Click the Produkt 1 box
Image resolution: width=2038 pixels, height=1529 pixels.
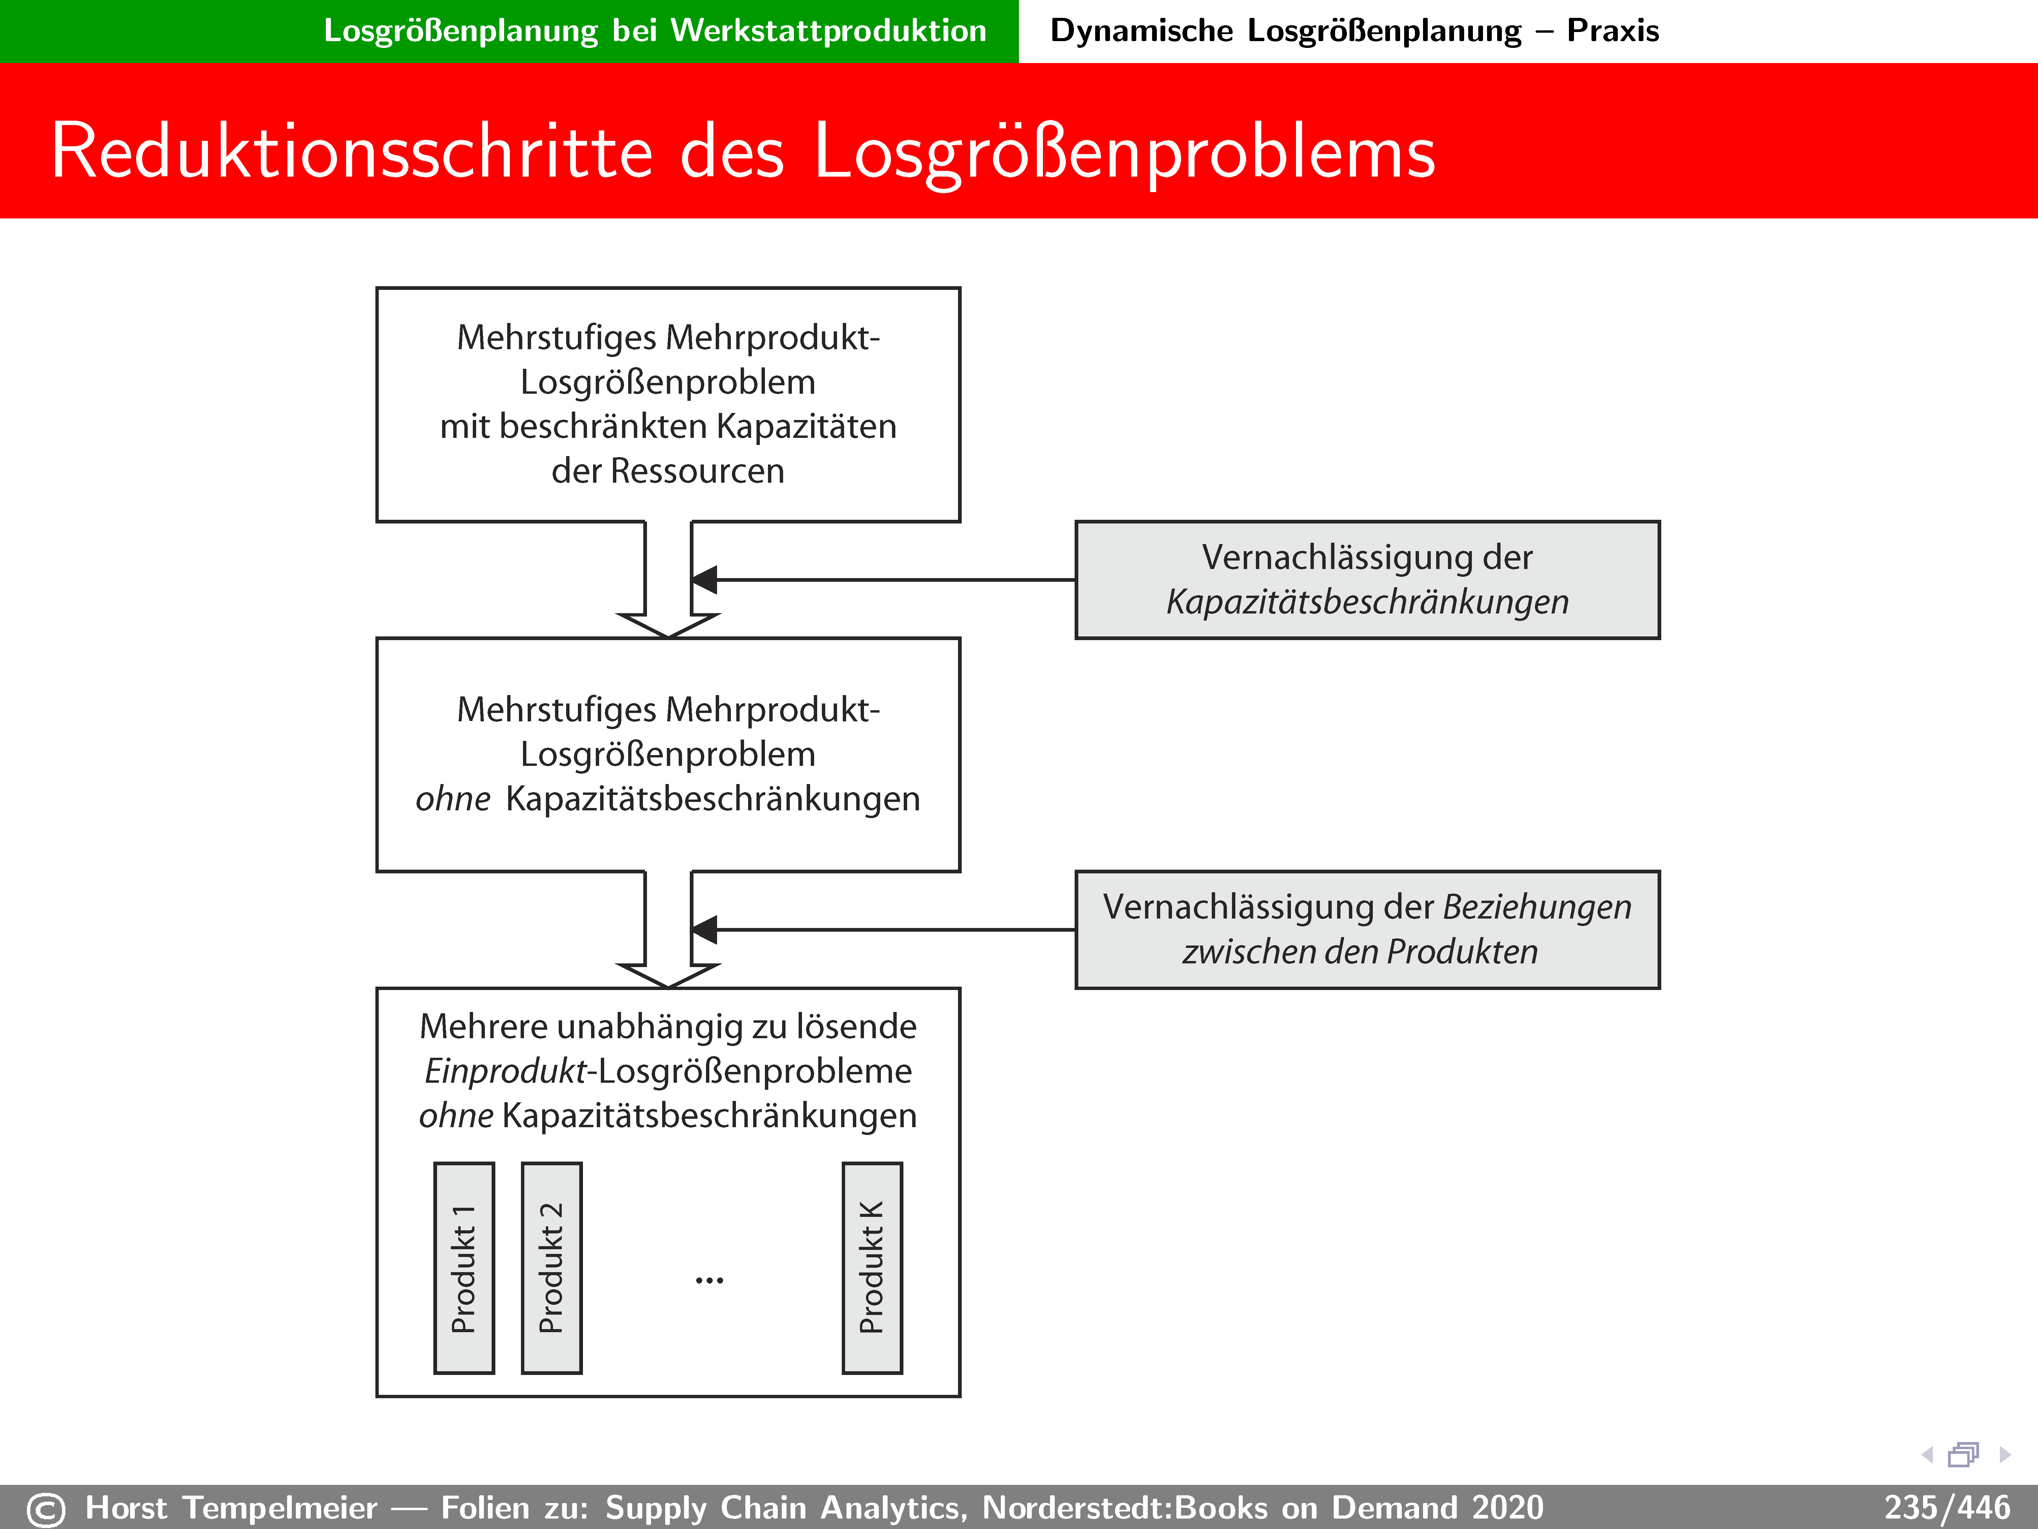coord(463,1268)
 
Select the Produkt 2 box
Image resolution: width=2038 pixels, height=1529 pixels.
coord(551,1268)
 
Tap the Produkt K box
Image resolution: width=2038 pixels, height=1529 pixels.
coord(872,1268)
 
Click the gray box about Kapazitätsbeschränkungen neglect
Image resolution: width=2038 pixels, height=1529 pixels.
coord(1367,580)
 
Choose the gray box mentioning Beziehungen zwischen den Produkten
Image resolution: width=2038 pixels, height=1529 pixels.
coord(1367,929)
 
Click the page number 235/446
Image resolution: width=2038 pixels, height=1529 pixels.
coord(1946,1508)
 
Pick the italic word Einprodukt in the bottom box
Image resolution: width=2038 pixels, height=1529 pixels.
coord(505,1071)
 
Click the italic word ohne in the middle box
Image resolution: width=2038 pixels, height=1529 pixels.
coord(452,799)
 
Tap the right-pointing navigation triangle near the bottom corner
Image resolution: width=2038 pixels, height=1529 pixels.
coord(2005,1455)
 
